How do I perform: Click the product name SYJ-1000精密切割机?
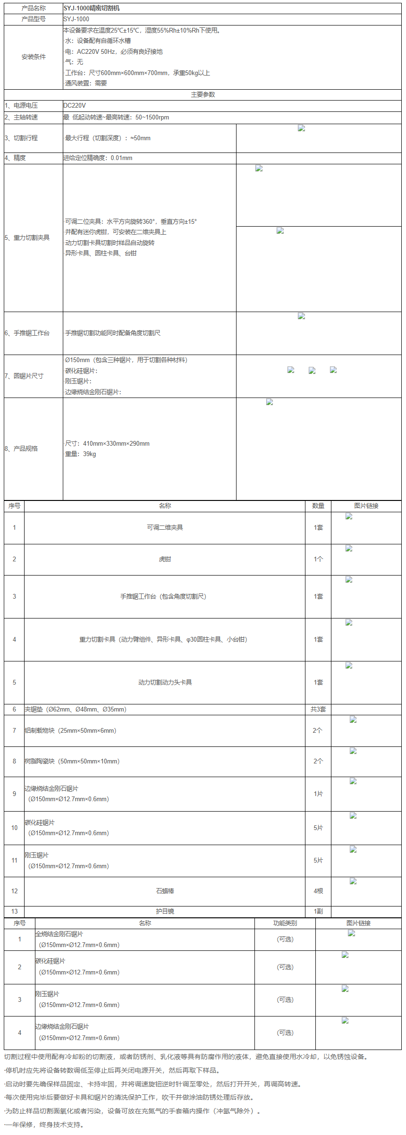[92, 8]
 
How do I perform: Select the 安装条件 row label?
[34, 57]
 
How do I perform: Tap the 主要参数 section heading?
[203, 94]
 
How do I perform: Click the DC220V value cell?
[75, 105]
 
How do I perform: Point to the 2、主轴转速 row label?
[21, 117]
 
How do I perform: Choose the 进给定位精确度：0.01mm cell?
[98, 158]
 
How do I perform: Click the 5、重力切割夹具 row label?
[27, 237]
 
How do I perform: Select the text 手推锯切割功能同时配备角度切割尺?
[113, 333]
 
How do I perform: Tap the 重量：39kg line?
[80, 454]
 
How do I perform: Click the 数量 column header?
[318, 506]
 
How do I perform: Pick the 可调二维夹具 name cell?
[165, 527]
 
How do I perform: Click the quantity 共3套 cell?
[318, 709]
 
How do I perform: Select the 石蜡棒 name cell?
[165, 891]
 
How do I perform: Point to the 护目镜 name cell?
[165, 911]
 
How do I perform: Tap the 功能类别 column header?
[285, 923]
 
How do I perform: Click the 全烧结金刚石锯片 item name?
[59, 934]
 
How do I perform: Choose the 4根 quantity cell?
[318, 891]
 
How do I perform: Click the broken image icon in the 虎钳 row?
[349, 549]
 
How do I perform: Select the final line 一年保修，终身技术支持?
[44, 1125]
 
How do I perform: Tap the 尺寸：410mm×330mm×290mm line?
[107, 443]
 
